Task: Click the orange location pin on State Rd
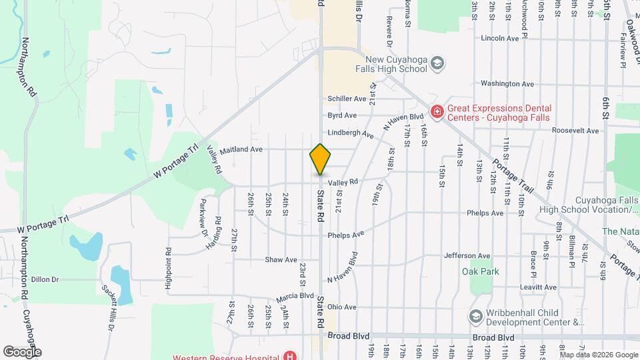coord(320,159)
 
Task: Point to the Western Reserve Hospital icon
coord(290,355)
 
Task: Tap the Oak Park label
coord(480,271)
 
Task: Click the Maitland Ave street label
coord(241,149)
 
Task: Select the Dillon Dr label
coord(45,280)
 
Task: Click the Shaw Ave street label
coord(281,259)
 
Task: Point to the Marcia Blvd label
coord(297,295)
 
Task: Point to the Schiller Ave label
coord(347,99)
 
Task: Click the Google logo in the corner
coord(22,351)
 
